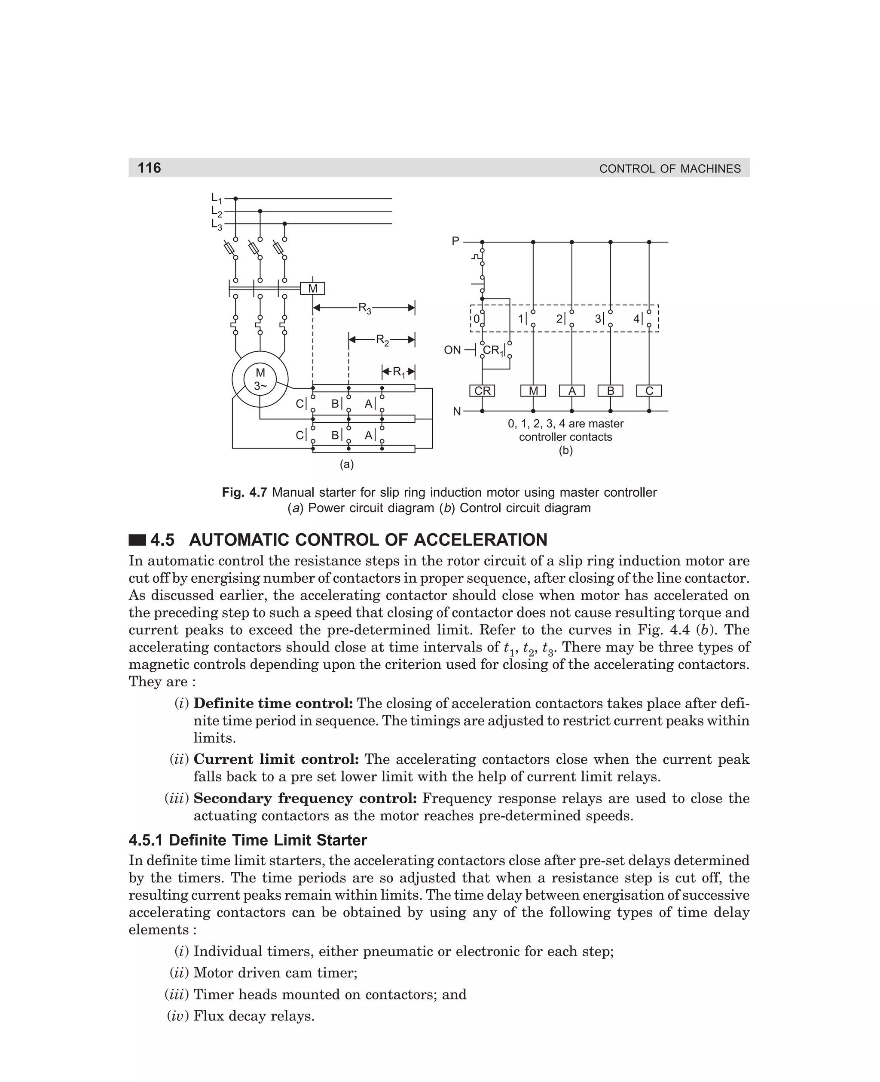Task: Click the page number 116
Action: coord(149,168)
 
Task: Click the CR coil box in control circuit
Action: coord(482,390)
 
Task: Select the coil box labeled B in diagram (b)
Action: coord(610,390)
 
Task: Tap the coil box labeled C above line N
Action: coord(649,390)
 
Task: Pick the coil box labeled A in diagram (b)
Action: coord(572,390)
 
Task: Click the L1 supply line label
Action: coord(217,198)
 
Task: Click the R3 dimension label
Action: coord(364,308)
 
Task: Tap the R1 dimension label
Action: coord(398,372)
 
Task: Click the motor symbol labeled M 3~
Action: coord(260,379)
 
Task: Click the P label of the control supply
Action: coord(455,241)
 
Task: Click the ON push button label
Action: coord(452,350)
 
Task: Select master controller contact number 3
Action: coord(599,319)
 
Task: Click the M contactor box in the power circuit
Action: coord(312,289)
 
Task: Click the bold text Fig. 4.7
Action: coord(244,492)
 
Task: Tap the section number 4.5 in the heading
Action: coord(162,540)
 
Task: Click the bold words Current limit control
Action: coord(276,759)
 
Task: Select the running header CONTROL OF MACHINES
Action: coord(669,169)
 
